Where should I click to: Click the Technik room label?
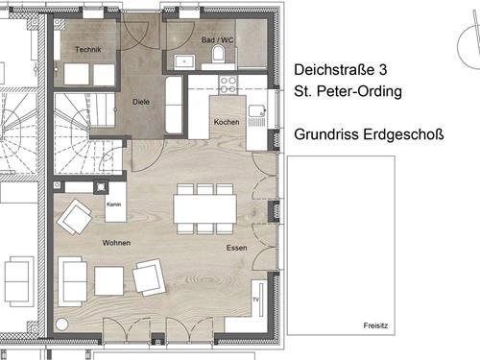88,50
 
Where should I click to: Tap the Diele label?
141,102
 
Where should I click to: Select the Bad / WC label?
217,40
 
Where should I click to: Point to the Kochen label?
227,122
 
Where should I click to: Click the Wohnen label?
116,243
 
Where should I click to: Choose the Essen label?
236,248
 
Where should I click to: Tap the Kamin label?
114,204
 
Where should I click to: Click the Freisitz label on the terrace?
375,325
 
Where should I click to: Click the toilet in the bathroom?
219,54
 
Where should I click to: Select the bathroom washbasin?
184,61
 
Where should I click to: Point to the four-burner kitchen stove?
228,84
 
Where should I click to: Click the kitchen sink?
257,111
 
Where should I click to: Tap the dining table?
204,208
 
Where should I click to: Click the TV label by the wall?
255,300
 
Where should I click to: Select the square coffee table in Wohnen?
109,280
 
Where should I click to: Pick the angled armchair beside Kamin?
75,217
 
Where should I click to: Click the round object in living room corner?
62,324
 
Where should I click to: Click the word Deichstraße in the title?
334,70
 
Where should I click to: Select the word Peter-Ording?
359,91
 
